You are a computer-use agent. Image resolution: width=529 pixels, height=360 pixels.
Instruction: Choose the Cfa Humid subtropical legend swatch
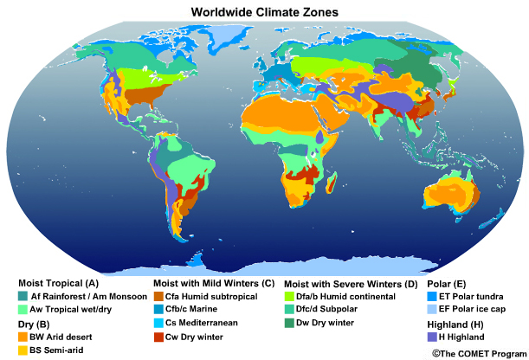158,296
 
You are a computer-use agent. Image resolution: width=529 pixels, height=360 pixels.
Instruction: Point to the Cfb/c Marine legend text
197,309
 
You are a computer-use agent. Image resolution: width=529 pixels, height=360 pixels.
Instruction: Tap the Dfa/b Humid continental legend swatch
290,296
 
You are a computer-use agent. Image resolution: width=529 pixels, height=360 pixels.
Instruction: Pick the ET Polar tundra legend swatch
432,295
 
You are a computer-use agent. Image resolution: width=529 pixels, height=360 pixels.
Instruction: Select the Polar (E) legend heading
447,282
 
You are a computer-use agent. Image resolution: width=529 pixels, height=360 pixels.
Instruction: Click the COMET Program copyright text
478,353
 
